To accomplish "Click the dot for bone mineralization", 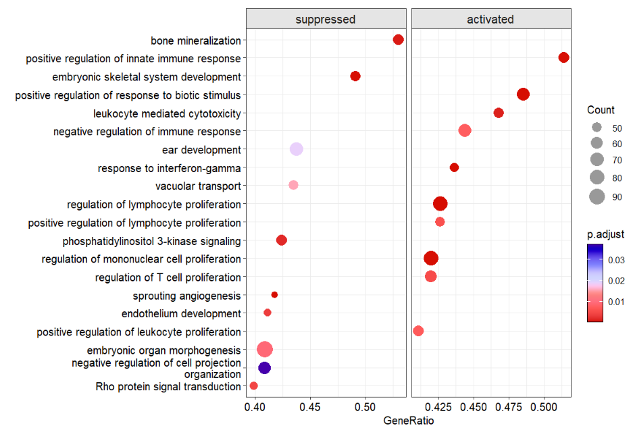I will point(398,40).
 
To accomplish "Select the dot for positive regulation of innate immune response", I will point(564,57).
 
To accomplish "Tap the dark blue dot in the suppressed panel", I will point(264,368).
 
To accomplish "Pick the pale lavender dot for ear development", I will point(296,149).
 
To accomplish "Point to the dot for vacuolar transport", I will point(293,185).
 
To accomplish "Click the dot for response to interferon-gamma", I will point(454,167).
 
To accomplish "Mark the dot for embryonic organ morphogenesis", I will point(264,349).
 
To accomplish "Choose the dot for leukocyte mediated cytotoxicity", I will point(499,113).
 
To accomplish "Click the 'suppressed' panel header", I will point(326,20).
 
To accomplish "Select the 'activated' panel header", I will point(490,20).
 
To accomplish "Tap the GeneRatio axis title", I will point(409,420).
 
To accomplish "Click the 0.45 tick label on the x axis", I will point(309,407).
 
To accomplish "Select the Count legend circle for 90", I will point(597,197).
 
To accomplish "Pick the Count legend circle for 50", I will point(597,128).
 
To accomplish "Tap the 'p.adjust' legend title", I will point(605,234).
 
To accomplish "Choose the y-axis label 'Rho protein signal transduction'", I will point(168,387).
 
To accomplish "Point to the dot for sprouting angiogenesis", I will point(274,294).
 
